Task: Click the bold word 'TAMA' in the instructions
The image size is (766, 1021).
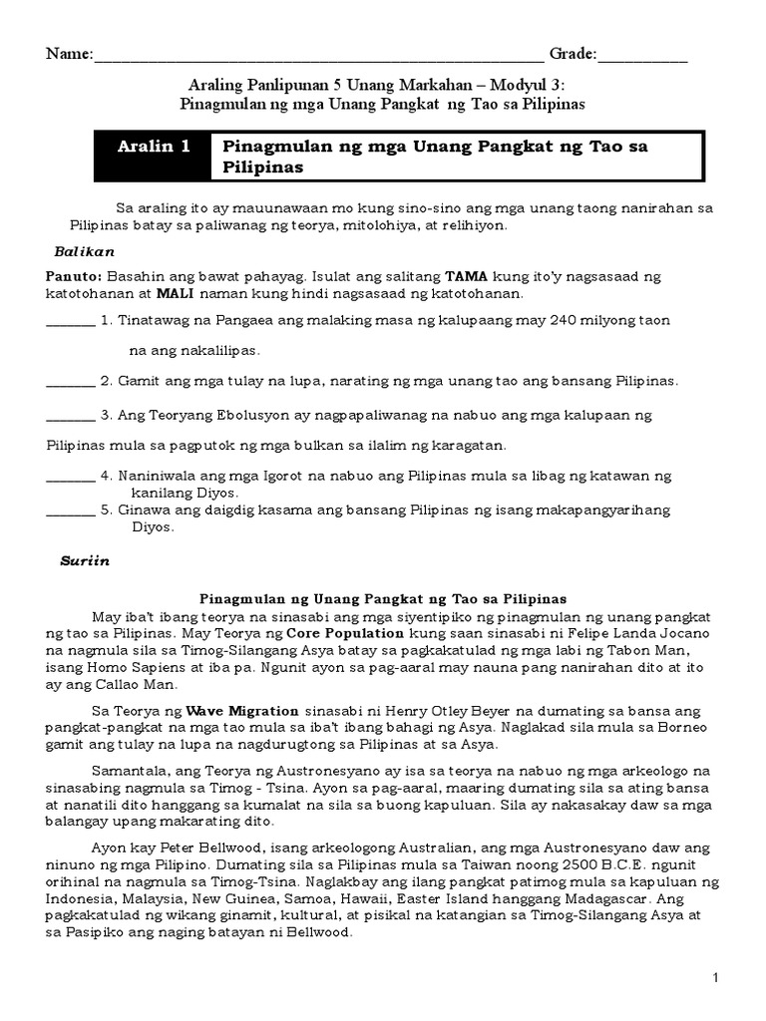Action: click(x=465, y=276)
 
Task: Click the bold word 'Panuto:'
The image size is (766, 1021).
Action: click(x=72, y=276)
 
